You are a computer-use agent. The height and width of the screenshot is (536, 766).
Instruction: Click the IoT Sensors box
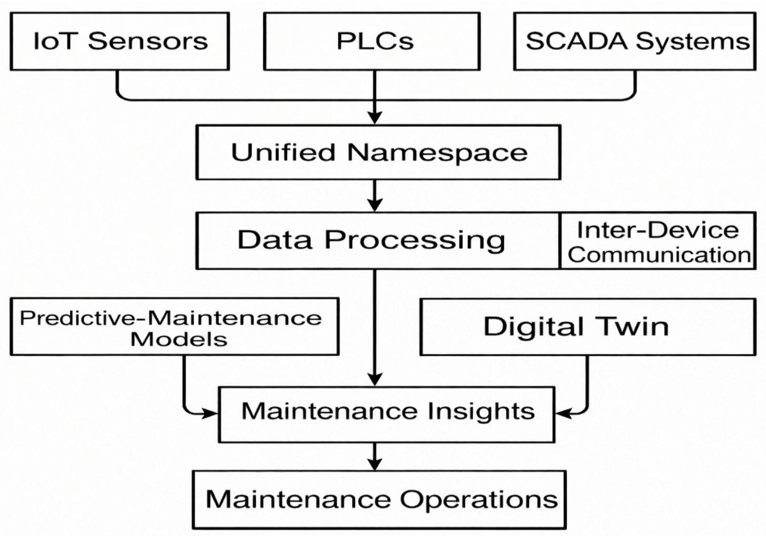coord(120,41)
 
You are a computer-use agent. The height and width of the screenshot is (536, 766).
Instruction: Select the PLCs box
coord(372,41)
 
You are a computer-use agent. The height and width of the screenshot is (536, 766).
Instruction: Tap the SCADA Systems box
coord(634,41)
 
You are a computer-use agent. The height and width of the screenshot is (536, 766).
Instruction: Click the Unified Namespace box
coord(378,152)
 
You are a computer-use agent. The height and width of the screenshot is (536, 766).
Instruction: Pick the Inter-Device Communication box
coord(658,241)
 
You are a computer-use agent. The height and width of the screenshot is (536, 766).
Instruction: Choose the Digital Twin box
coord(587,327)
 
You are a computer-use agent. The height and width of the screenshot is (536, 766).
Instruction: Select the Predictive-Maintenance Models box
coord(175,327)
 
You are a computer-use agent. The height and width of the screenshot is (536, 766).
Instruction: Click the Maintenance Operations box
coord(379,500)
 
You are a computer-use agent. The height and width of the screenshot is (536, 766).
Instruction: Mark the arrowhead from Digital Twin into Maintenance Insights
coord(562,414)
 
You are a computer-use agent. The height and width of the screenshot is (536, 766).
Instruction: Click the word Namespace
coord(437,153)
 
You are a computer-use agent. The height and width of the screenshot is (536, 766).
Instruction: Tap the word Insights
coord(481,412)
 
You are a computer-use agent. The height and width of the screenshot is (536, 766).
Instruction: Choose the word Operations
coord(479,500)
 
